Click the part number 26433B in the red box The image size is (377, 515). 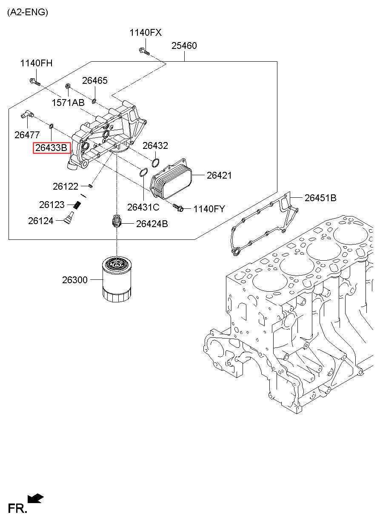point(51,148)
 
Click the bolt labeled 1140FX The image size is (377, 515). point(144,52)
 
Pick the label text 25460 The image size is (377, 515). point(184,46)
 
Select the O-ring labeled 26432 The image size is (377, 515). point(155,163)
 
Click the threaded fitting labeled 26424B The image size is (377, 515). point(116,222)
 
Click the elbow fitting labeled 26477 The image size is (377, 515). point(28,114)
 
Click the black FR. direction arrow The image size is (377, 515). point(35,498)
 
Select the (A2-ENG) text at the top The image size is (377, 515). point(28,12)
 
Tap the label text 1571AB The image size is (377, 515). point(68,102)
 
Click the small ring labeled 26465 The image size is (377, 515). point(94,101)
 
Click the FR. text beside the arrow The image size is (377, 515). point(17,508)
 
